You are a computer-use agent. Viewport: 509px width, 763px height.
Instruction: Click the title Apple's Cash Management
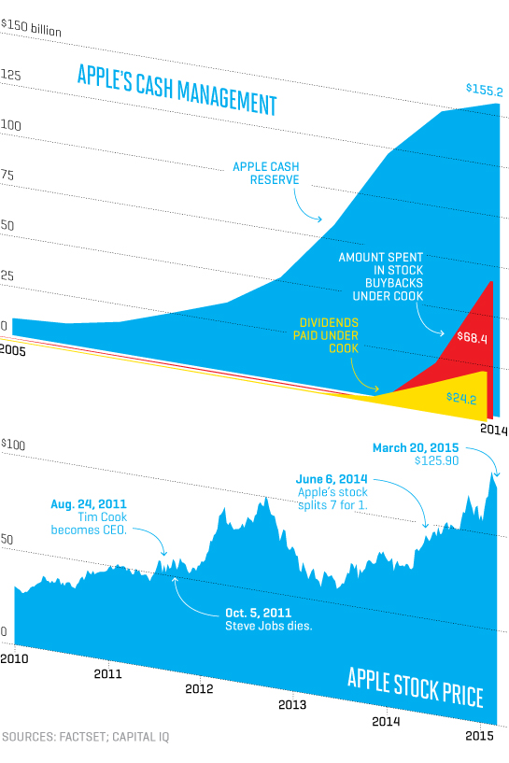(x=177, y=89)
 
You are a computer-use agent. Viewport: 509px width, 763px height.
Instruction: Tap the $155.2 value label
(x=485, y=91)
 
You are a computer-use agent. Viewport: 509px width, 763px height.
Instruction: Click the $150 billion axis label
(x=31, y=30)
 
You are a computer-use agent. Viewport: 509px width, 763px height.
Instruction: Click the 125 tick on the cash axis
(x=10, y=74)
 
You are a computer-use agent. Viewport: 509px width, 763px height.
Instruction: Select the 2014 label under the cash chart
(x=492, y=430)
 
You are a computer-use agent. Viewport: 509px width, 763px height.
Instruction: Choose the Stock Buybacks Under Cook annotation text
(x=381, y=276)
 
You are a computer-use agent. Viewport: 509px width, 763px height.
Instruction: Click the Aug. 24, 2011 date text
(x=88, y=504)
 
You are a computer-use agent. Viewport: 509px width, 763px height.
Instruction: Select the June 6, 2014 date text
(x=332, y=478)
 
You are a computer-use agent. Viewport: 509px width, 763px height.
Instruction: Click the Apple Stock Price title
(x=415, y=685)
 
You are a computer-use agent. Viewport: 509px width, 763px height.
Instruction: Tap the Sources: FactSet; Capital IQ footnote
(x=85, y=737)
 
